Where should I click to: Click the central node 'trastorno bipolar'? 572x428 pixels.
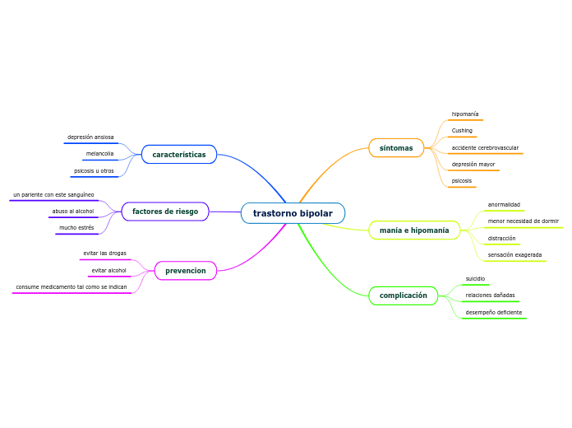[293, 213]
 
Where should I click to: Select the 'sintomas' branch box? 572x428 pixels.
[396, 148]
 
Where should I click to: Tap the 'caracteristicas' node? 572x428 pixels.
[179, 155]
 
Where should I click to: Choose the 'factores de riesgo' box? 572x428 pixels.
[165, 212]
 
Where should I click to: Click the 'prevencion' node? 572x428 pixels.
[186, 271]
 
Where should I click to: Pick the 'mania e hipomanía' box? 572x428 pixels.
[414, 230]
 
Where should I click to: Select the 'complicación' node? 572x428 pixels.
[404, 295]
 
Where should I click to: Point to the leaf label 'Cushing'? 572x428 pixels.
[462, 131]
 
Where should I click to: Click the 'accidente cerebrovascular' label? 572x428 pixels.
[485, 148]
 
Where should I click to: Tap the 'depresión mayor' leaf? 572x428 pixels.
[473, 165]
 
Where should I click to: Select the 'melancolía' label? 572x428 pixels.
[100, 154]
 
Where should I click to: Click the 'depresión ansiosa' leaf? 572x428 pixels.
[90, 137]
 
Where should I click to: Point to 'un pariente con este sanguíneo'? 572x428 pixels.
[53, 195]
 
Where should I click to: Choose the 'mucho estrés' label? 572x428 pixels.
[76, 228]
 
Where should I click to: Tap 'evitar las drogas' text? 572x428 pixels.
[104, 254]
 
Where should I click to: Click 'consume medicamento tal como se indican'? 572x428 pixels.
[71, 287]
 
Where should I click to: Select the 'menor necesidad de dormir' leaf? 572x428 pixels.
[523, 221]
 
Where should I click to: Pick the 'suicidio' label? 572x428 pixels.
[475, 279]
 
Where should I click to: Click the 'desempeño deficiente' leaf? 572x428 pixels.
[493, 313]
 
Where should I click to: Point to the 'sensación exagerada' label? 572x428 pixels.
[514, 255]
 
